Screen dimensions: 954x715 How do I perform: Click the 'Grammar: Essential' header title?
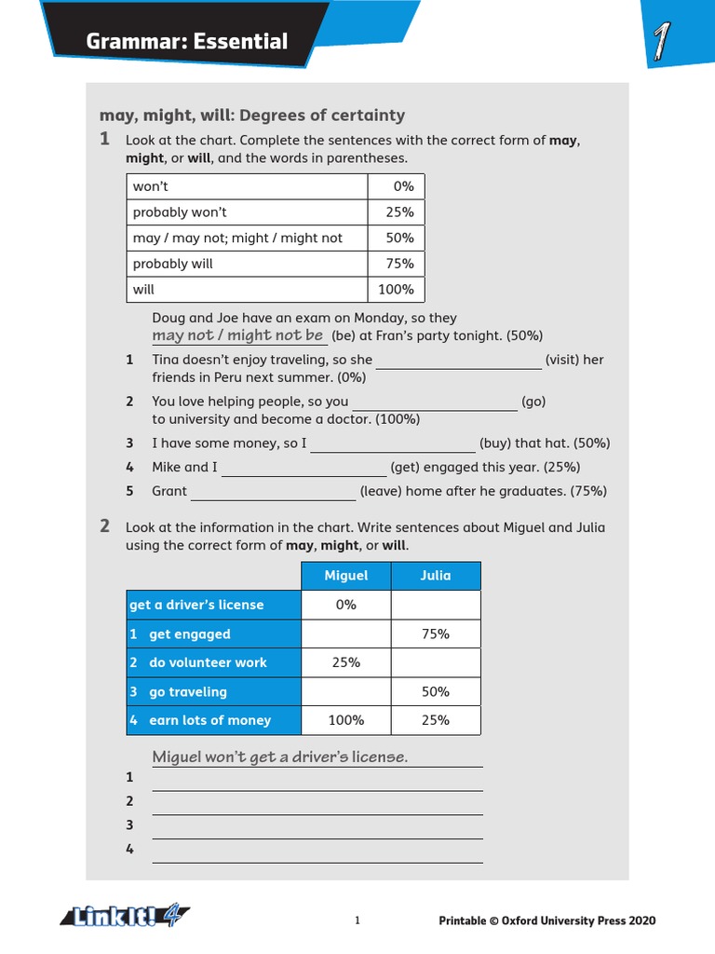186,41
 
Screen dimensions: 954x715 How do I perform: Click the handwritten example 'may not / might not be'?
238,335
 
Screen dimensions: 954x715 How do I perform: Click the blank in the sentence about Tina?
458,361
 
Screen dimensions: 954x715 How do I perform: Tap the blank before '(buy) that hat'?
392,444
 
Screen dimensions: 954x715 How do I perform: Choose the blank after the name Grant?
273,492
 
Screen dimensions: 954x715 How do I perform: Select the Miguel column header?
345,576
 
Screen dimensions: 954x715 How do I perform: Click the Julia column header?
435,576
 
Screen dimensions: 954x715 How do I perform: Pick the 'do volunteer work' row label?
208,663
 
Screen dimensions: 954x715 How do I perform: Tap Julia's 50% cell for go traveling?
435,692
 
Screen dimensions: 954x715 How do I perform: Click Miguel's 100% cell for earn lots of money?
345,720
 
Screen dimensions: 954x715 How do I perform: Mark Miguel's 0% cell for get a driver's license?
345,605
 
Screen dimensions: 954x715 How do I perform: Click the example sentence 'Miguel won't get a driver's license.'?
280,756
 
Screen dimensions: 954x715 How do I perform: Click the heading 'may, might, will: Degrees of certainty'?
252,116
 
